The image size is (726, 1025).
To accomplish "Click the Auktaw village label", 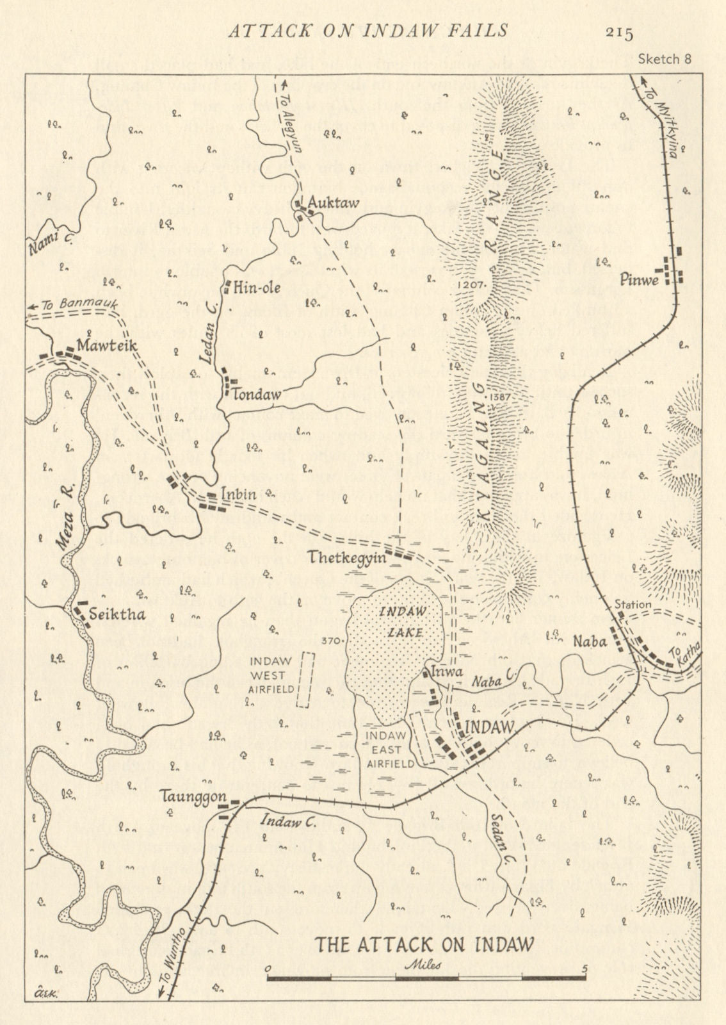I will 330,203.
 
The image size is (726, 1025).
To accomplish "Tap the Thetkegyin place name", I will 348,557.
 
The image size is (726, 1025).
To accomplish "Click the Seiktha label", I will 118,614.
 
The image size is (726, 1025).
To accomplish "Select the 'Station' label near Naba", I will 633,604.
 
